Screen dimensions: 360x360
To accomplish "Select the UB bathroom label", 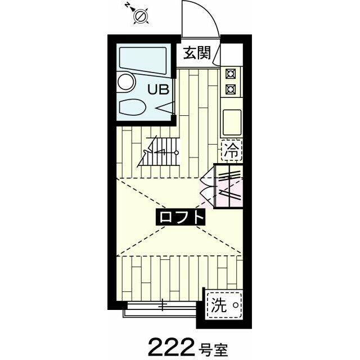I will [x=158, y=88].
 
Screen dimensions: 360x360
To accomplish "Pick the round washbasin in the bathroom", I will [x=127, y=83].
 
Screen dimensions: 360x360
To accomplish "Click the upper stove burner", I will [x=230, y=73].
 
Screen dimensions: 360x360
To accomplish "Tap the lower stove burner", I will [x=230, y=88].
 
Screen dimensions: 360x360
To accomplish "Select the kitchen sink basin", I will [x=231, y=120].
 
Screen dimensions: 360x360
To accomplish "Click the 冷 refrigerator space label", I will [x=231, y=150].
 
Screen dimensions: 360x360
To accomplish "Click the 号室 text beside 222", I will [x=214, y=344].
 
